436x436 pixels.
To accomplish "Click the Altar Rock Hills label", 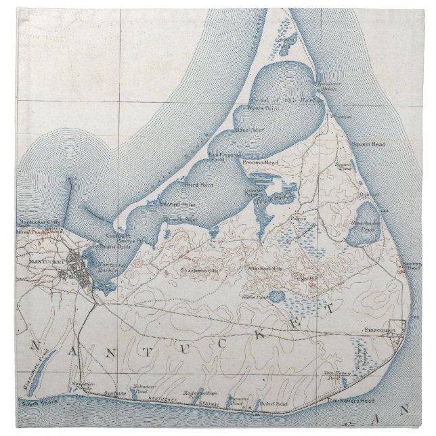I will point(265,269).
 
